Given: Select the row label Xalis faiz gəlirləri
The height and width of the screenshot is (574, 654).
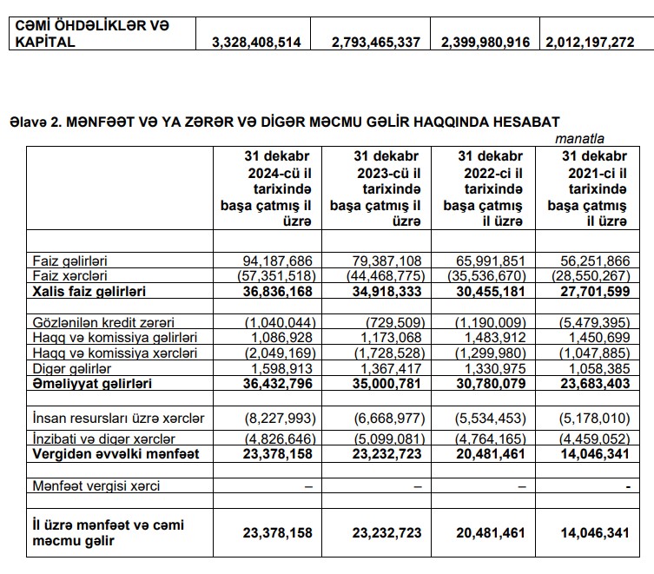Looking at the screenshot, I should click(89, 289).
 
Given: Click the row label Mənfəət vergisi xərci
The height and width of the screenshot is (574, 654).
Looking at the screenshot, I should click(96, 486).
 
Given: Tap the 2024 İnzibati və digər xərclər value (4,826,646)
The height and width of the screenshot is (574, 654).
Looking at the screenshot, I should click(273, 439).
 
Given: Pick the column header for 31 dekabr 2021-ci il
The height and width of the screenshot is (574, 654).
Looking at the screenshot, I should click(587, 188).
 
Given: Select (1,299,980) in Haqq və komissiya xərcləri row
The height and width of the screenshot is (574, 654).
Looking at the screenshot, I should click(487, 353).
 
